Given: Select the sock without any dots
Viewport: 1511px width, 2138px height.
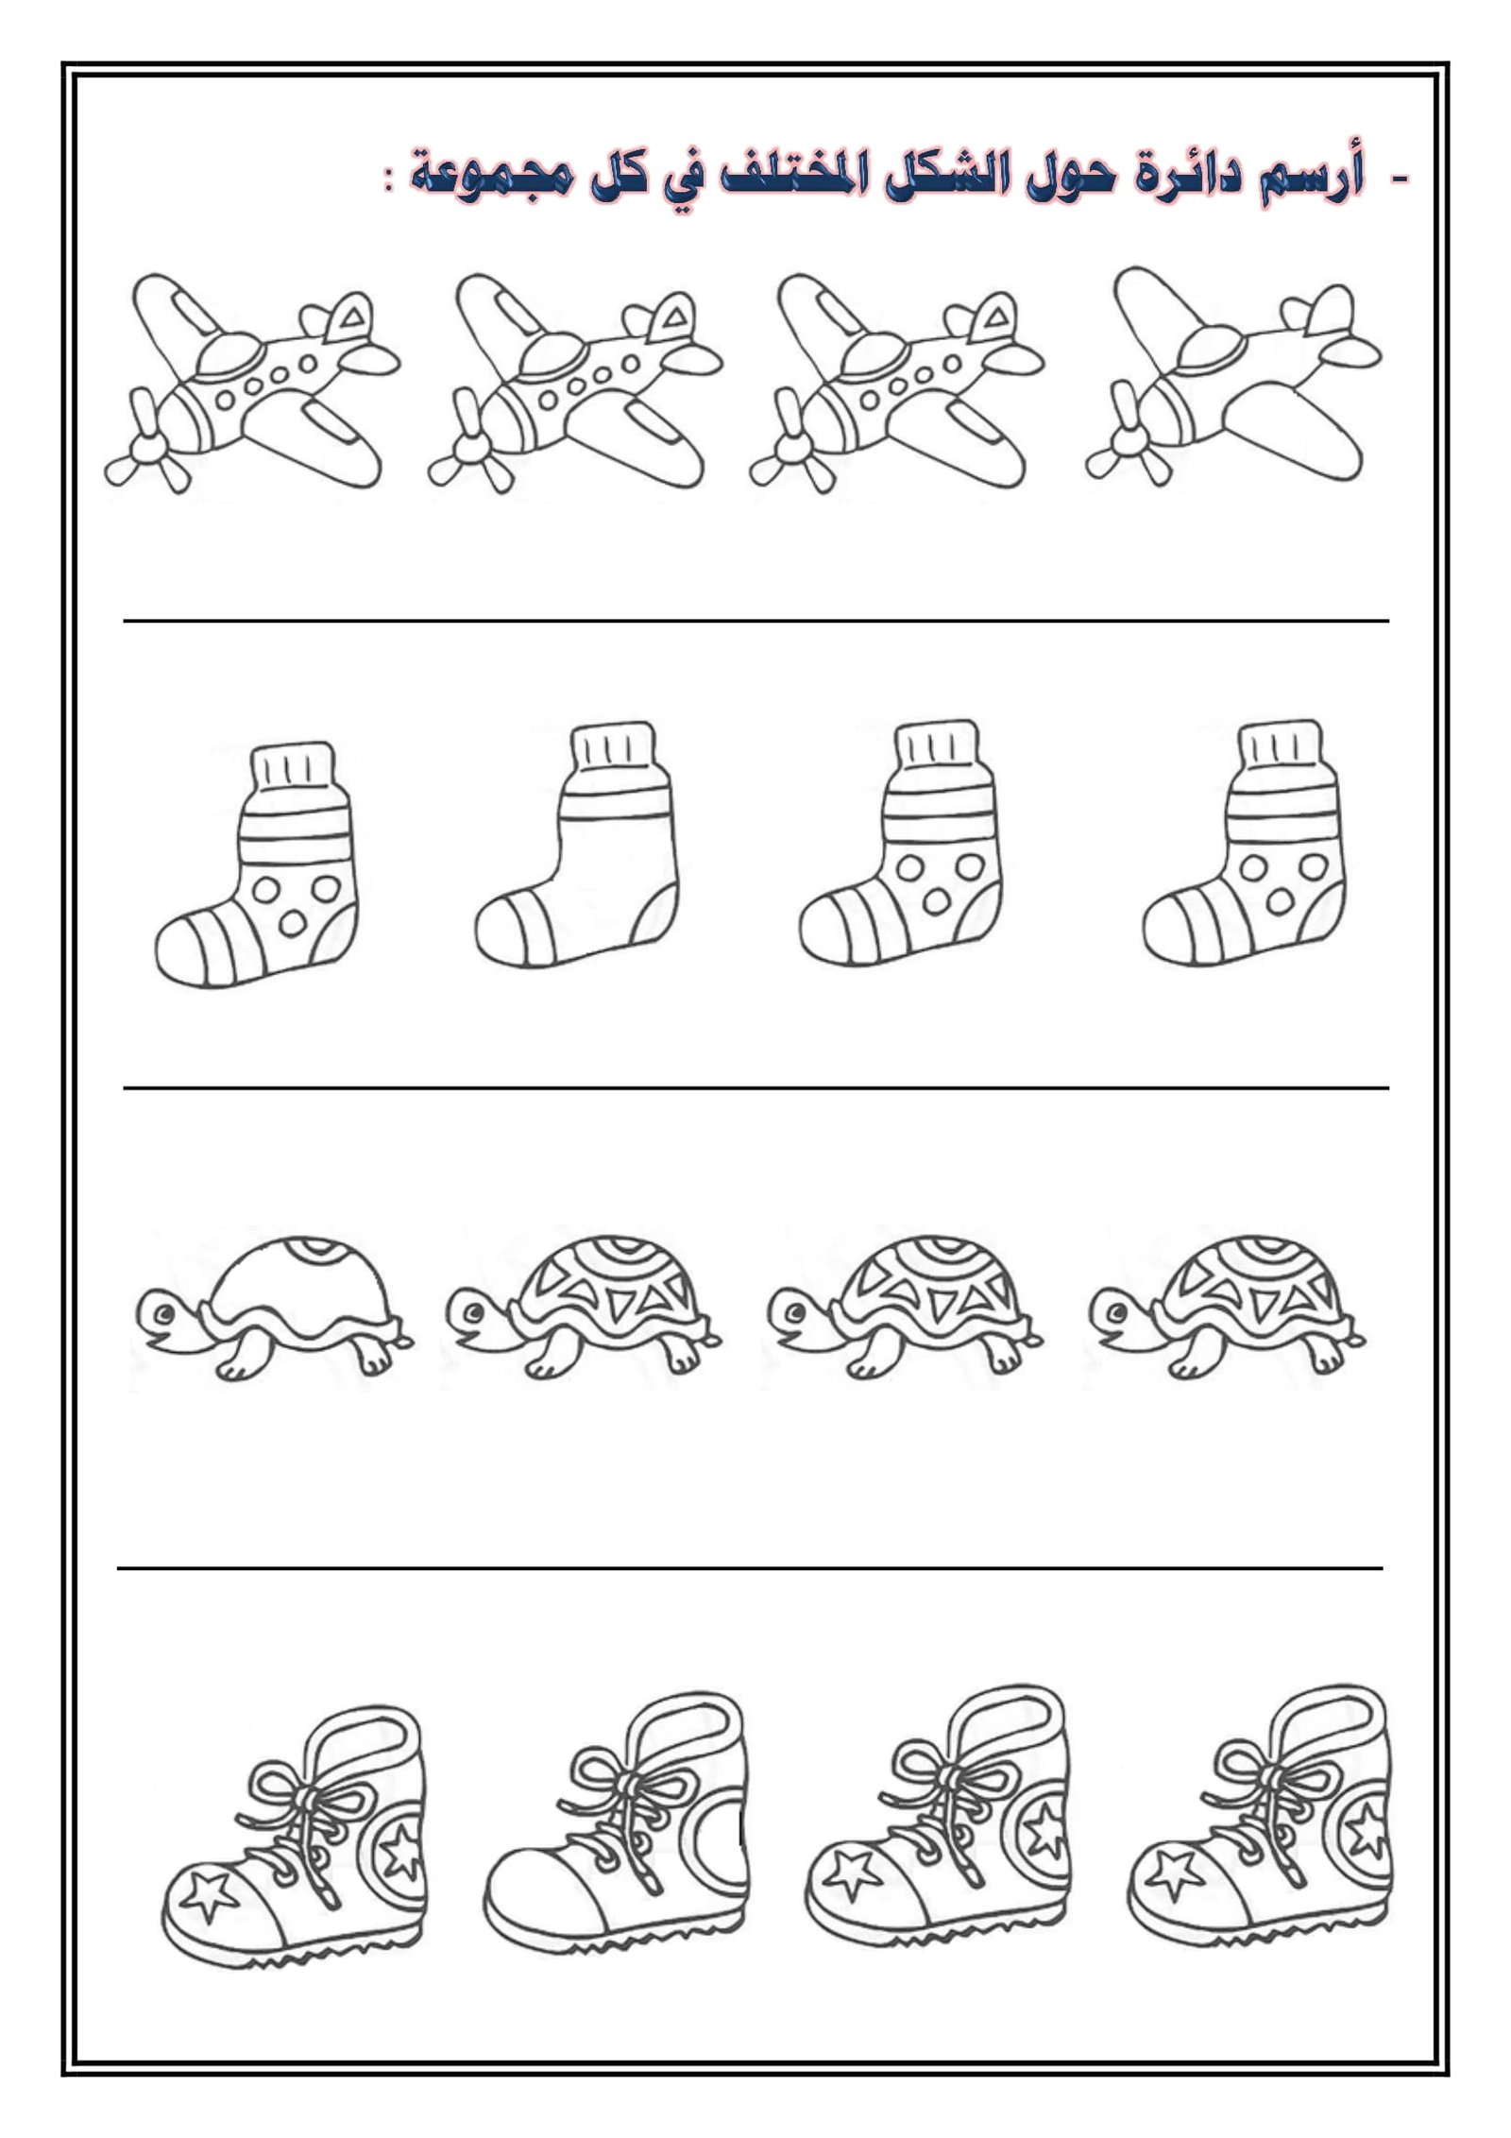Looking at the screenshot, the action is tap(577, 847).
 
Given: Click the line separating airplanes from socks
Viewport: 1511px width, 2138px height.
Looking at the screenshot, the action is tap(755, 621).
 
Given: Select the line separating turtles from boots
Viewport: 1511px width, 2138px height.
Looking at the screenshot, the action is tap(750, 1569).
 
